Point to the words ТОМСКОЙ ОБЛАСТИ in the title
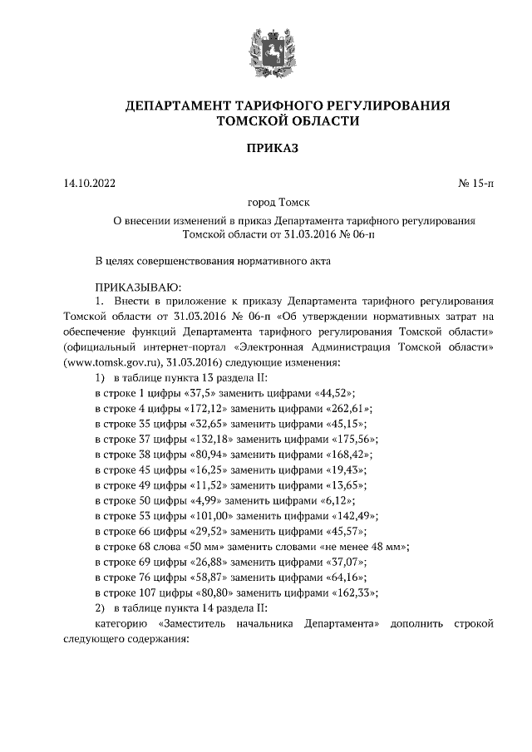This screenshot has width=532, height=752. pos(287,120)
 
